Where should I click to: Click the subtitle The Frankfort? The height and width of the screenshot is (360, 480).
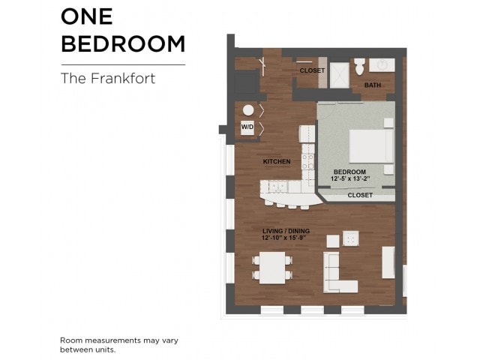107,78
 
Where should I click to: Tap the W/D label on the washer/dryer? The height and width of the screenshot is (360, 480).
247,128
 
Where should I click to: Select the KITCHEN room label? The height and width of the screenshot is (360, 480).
276,161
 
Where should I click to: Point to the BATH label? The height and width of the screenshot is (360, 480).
373,85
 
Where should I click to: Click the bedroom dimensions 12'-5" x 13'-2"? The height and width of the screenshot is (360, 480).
350,179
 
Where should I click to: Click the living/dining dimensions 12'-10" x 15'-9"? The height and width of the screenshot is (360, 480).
286,237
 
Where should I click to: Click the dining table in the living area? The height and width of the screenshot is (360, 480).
272,267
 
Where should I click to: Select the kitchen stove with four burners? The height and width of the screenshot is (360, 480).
307,159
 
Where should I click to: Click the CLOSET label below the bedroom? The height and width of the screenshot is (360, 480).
360,195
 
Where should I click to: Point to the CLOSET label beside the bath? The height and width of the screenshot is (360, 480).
312,70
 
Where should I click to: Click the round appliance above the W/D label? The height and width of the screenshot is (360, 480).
247,109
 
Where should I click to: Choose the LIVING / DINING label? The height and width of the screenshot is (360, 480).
286,230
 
